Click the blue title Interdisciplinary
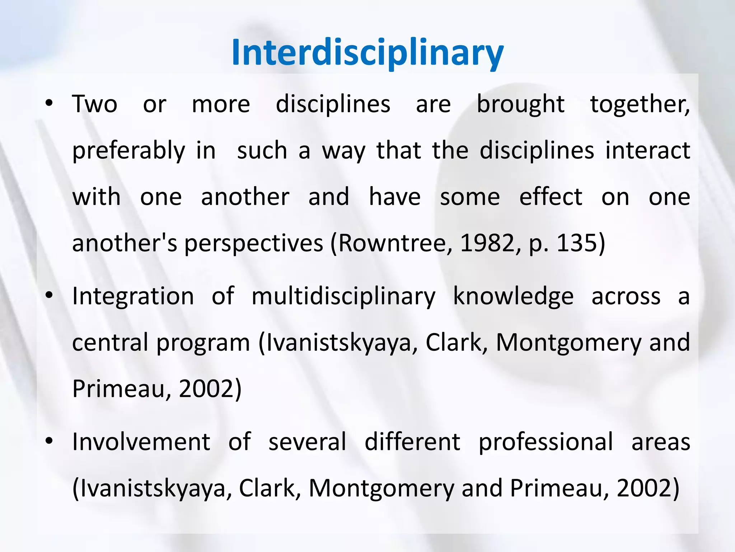pyautogui.click(x=367, y=53)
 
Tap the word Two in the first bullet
pyautogui.click(x=95, y=104)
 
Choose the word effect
pyautogui.click(x=551, y=197)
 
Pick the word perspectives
pyautogui.click(x=253, y=244)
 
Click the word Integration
pyautogui.click(x=133, y=297)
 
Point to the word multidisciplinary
pyautogui.click(x=343, y=297)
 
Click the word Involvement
pyautogui.click(x=141, y=442)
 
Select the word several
pyautogui.click(x=308, y=442)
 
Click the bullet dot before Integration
pyautogui.click(x=49, y=295)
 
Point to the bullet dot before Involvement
pyautogui.click(x=49, y=441)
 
